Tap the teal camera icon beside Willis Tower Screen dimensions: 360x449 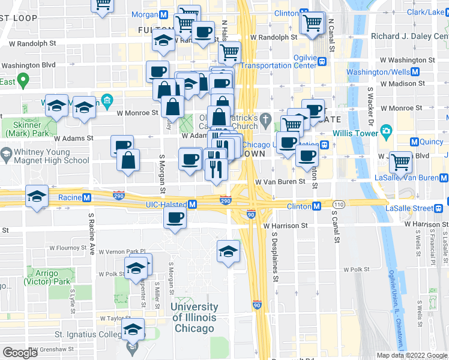pos(385,131)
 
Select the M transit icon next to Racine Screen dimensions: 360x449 pos(87,197)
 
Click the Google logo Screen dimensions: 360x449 pos(20,353)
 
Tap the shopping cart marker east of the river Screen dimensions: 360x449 pos(400,161)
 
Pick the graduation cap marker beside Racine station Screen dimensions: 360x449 pos(37,196)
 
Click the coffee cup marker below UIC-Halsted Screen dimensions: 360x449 pos(175,217)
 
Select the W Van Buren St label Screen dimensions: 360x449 pos(281,181)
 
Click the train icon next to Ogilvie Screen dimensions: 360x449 pos(322,61)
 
